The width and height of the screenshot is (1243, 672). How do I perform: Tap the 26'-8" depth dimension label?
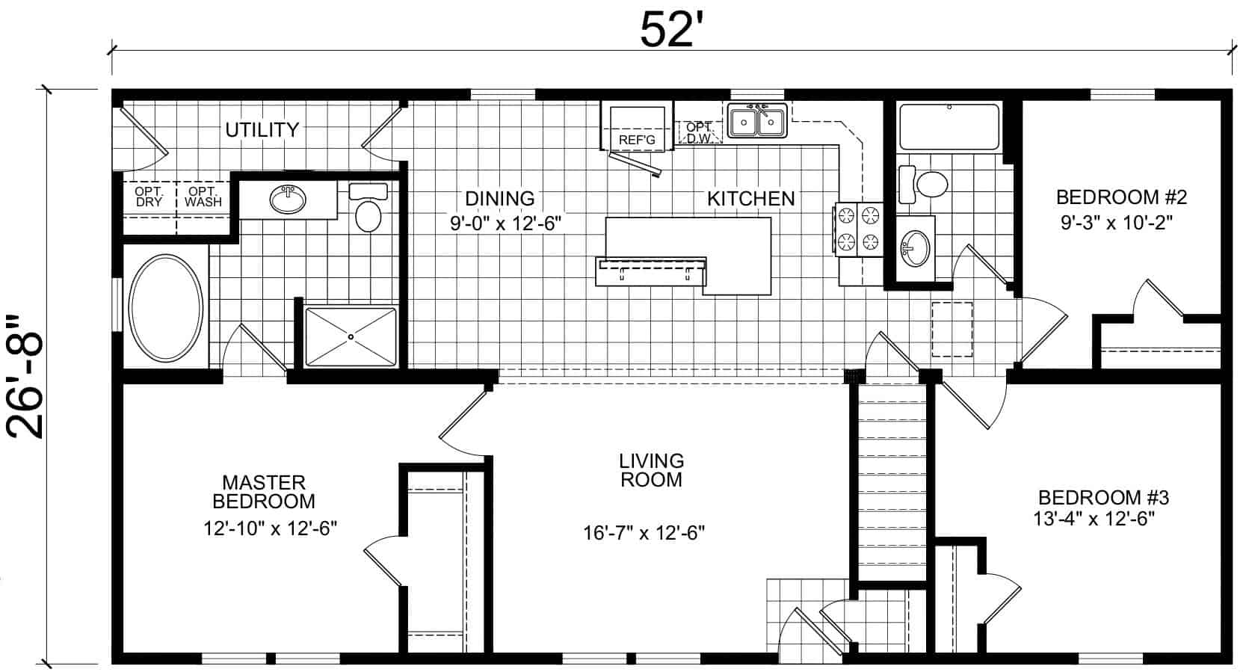pyautogui.click(x=25, y=377)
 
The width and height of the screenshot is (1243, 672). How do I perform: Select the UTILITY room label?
pyautogui.click(x=262, y=130)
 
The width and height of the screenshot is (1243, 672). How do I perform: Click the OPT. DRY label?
pyautogui.click(x=149, y=197)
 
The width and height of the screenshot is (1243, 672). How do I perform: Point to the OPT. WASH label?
pyautogui.click(x=203, y=197)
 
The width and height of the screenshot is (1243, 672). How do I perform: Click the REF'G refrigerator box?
pyautogui.click(x=637, y=126)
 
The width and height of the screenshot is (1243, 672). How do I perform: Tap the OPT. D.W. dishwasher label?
pyautogui.click(x=699, y=133)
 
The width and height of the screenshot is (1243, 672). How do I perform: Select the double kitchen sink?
pyautogui.click(x=757, y=121)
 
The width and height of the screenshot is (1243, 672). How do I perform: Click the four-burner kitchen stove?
pyautogui.click(x=858, y=229)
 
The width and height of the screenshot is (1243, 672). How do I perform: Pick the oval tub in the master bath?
pyautogui.click(x=166, y=308)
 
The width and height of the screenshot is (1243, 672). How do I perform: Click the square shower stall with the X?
pyautogui.click(x=351, y=337)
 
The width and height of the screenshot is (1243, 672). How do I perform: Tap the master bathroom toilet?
pyautogui.click(x=368, y=208)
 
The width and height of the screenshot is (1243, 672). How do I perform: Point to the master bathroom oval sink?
pyautogui.click(x=288, y=199)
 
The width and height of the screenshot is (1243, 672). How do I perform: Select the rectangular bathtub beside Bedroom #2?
pyautogui.click(x=949, y=127)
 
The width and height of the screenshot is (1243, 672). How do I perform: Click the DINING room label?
pyautogui.click(x=499, y=198)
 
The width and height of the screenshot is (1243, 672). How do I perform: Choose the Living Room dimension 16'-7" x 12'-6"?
pyautogui.click(x=644, y=533)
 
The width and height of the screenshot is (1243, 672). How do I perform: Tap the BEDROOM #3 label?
pyautogui.click(x=1104, y=497)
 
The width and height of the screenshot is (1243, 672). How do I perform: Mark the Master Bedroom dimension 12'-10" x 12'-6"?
pyautogui.click(x=271, y=528)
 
